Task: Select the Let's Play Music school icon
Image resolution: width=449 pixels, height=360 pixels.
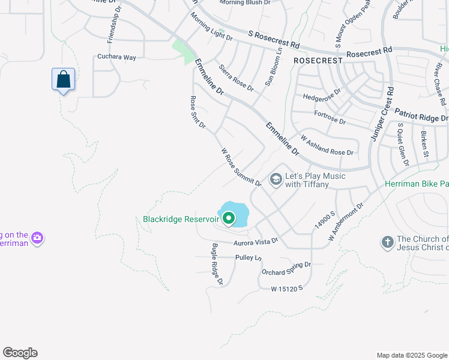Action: [276, 179]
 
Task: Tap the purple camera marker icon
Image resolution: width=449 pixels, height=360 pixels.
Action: [37, 238]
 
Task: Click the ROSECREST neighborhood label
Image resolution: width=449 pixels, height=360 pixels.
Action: [318, 61]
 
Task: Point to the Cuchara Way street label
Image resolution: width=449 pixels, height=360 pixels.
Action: [116, 57]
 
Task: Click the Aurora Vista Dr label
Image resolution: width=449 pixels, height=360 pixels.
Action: [256, 241]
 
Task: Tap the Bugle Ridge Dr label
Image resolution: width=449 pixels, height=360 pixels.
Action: [217, 264]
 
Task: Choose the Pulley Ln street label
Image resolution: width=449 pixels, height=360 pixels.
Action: [249, 257]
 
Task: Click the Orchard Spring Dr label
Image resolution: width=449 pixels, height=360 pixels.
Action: [286, 268]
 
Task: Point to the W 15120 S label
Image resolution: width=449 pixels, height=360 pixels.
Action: [287, 289]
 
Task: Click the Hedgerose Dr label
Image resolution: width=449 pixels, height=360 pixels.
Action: [321, 95]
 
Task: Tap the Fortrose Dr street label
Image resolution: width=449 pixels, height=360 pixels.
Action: [330, 117]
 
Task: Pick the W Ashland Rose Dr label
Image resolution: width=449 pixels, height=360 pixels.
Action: [327, 146]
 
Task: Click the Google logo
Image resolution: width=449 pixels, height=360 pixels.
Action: [20, 353]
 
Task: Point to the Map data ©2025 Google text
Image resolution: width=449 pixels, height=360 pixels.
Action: [411, 355]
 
